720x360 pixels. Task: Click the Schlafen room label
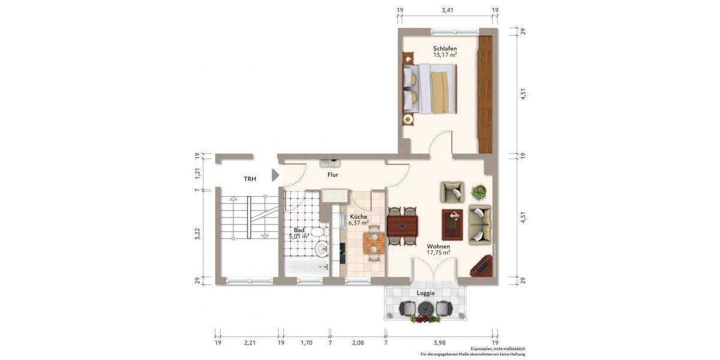tap(445, 49)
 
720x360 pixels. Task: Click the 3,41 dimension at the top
tap(447, 10)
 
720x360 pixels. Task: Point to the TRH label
tap(250, 179)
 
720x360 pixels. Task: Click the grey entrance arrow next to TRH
tap(275, 175)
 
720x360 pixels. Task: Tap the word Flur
tap(332, 175)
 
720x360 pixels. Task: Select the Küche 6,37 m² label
tap(358, 220)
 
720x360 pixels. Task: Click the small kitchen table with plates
tap(374, 243)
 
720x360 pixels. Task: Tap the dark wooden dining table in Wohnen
tap(403, 226)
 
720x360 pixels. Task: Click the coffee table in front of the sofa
tap(452, 224)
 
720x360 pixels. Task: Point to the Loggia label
tap(425, 293)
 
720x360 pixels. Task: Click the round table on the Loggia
tap(425, 307)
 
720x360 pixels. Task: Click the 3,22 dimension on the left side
tap(197, 235)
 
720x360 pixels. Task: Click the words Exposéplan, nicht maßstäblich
tap(497, 349)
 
